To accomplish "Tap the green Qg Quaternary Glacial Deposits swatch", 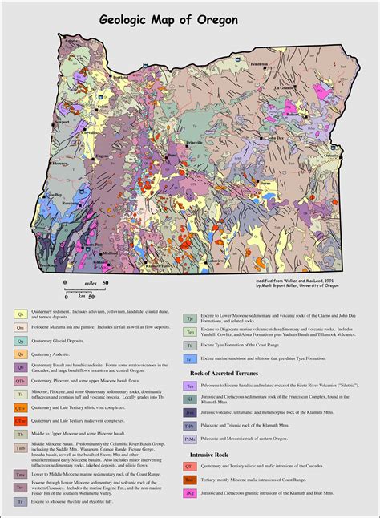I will (x=22, y=341).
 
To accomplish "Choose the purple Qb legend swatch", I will (x=22, y=368).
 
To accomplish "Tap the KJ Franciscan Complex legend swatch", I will (x=190, y=399).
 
